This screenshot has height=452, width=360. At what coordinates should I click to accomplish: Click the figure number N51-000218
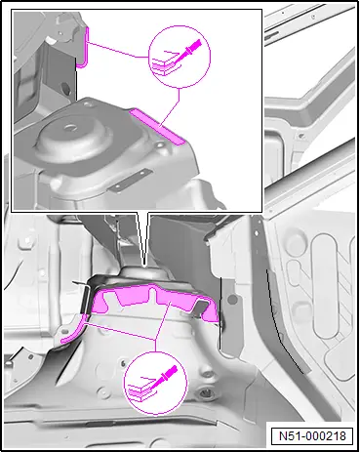[312, 435]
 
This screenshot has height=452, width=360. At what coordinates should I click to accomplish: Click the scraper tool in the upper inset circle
[188, 52]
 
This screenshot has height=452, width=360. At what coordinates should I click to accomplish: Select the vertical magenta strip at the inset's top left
[84, 48]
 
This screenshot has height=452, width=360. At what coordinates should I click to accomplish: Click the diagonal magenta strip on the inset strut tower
[157, 127]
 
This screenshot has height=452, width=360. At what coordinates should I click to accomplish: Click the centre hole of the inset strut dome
[70, 128]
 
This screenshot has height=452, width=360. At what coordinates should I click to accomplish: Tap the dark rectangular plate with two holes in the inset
[130, 180]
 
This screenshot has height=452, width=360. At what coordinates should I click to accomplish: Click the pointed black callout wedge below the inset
[142, 238]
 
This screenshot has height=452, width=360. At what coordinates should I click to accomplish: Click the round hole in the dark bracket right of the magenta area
[232, 299]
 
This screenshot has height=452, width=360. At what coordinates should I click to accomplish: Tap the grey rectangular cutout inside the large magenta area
[202, 307]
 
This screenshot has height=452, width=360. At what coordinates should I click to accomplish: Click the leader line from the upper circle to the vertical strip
[118, 50]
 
